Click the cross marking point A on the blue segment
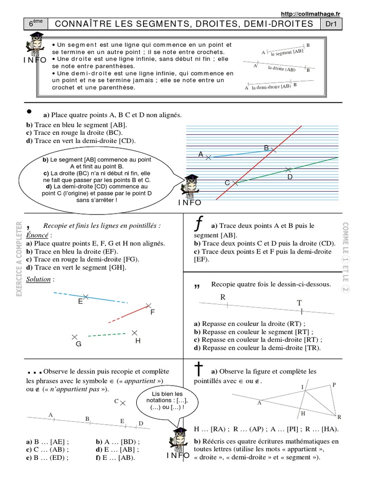[x=208, y=157]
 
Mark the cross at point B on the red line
[x=273, y=150]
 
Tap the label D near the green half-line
[x=289, y=177]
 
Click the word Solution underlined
[x=39, y=279]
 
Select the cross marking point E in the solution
[x=86, y=296]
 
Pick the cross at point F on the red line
[x=149, y=305]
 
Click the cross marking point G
[x=74, y=337]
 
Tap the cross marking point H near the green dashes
[x=135, y=333]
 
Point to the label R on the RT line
[x=223, y=297]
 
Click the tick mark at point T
[x=301, y=312]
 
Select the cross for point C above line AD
[x=122, y=403]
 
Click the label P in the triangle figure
[x=334, y=384]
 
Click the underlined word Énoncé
[x=38, y=235]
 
